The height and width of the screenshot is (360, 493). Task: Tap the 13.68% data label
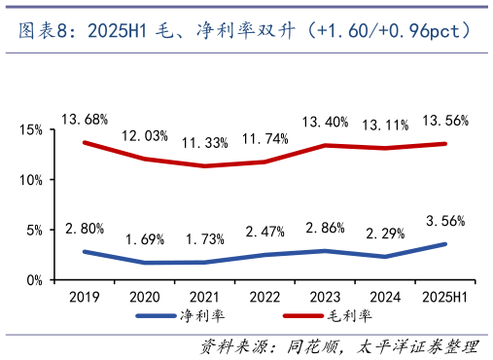(x=84, y=120)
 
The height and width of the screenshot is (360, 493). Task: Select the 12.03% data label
(x=144, y=135)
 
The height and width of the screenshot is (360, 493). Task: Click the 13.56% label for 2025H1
(x=444, y=121)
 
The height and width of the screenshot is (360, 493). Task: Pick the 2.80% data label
(x=84, y=230)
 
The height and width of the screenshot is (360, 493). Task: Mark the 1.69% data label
(x=144, y=239)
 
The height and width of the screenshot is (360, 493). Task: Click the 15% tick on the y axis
(x=31, y=129)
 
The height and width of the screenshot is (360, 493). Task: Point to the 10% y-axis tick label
(x=31, y=180)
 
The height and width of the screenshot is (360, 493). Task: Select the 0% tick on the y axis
(x=35, y=280)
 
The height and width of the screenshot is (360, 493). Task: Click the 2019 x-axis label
(x=84, y=296)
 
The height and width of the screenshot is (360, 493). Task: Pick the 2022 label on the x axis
(x=264, y=296)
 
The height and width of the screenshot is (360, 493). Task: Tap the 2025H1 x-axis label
(x=444, y=296)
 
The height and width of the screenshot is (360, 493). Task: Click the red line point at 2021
(x=204, y=166)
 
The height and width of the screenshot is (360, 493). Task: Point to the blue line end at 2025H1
(x=444, y=244)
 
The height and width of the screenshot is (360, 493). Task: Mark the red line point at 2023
(x=325, y=145)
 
